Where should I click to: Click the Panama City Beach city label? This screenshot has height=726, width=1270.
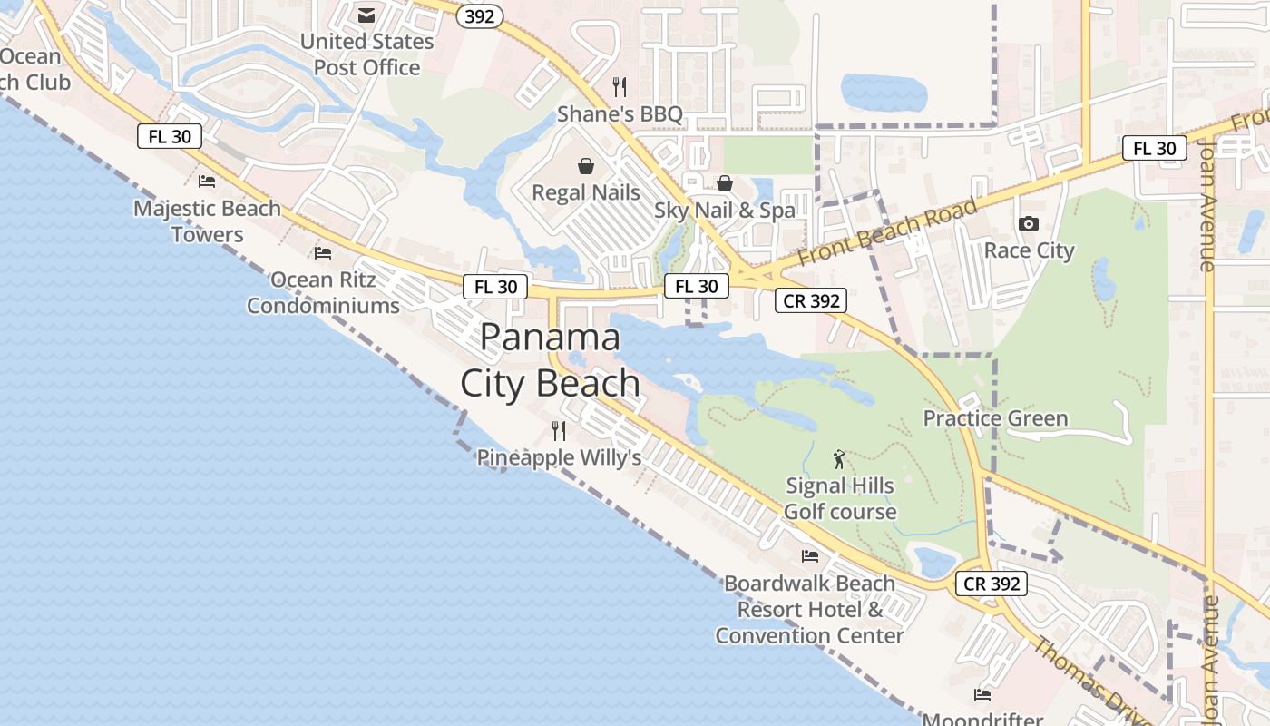coord(550,360)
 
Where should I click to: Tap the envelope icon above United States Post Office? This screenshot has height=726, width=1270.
coord(366,15)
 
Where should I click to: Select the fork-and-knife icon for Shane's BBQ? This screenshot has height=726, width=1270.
coord(620,87)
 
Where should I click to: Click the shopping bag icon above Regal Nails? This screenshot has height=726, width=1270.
coord(586,166)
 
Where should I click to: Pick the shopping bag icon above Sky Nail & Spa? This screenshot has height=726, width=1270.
coord(725,183)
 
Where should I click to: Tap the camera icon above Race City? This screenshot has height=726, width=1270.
coord(1029,223)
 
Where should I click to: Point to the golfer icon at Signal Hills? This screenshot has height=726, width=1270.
coord(839,459)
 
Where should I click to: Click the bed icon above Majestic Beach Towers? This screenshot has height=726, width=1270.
coord(207,181)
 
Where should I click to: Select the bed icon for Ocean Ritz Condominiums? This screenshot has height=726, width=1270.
coord(323,252)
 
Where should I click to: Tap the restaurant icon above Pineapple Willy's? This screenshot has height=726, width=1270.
coord(559,430)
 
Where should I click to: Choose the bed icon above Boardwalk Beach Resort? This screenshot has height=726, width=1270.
coord(810,555)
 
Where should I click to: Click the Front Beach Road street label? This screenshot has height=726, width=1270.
coord(888,231)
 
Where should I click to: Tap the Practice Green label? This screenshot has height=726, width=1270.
coord(995,418)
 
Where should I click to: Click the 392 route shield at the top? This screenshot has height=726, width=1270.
coord(479,15)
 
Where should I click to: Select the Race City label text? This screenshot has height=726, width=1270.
coord(1029,250)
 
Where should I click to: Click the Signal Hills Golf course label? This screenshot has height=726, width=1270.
coord(839,498)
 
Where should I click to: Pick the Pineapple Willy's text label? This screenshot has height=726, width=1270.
coord(559,457)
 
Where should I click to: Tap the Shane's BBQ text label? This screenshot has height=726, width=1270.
coord(620,113)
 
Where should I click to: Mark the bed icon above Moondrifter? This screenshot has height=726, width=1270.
coord(982,695)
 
